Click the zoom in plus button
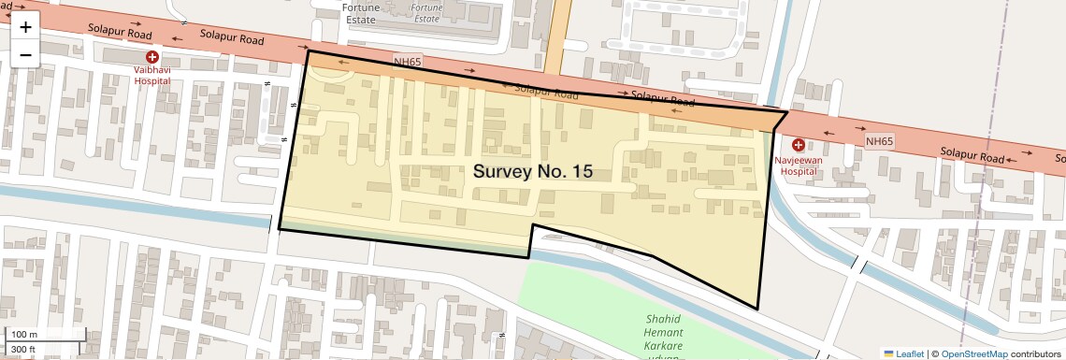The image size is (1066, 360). click(25, 27)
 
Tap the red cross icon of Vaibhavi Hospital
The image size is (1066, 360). click(151, 58)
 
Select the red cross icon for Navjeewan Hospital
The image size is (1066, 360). click(799, 145)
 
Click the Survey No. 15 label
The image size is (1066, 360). click(532, 171)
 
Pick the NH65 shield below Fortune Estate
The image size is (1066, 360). click(408, 62)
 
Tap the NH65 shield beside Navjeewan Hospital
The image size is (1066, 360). click(879, 141)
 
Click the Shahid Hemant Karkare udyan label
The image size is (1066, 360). click(664, 334)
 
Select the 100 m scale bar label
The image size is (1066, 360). click(23, 335)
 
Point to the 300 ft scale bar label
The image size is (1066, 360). click(22, 350)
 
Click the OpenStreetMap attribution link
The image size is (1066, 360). click(973, 353)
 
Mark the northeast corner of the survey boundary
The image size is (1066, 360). click(786, 111)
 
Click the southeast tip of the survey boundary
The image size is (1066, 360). click(757, 309)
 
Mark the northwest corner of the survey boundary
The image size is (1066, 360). click(308, 51)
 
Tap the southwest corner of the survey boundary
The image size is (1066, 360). click(279, 227)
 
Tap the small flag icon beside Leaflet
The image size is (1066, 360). click(888, 353)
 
